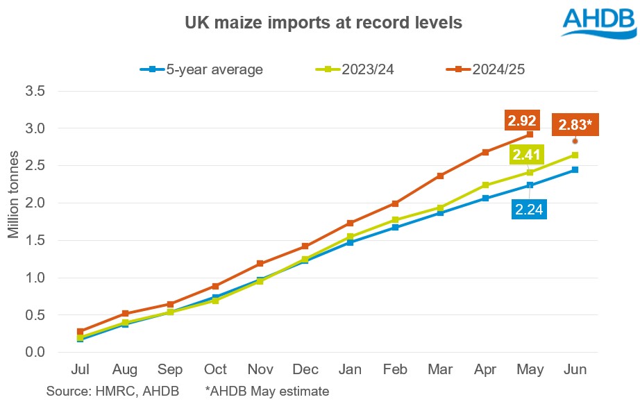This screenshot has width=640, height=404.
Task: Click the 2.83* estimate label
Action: click(575, 126)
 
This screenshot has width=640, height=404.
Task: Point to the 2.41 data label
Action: click(527, 155)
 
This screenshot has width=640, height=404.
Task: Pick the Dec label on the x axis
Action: click(305, 369)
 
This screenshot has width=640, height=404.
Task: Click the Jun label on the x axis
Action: click(574, 369)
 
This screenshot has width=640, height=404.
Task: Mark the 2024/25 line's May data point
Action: click(530, 134)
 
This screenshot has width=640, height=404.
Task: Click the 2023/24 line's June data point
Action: click(574, 155)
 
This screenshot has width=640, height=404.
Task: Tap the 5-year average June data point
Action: click(574, 169)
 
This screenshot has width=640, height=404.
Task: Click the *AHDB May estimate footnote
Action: click(267, 392)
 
